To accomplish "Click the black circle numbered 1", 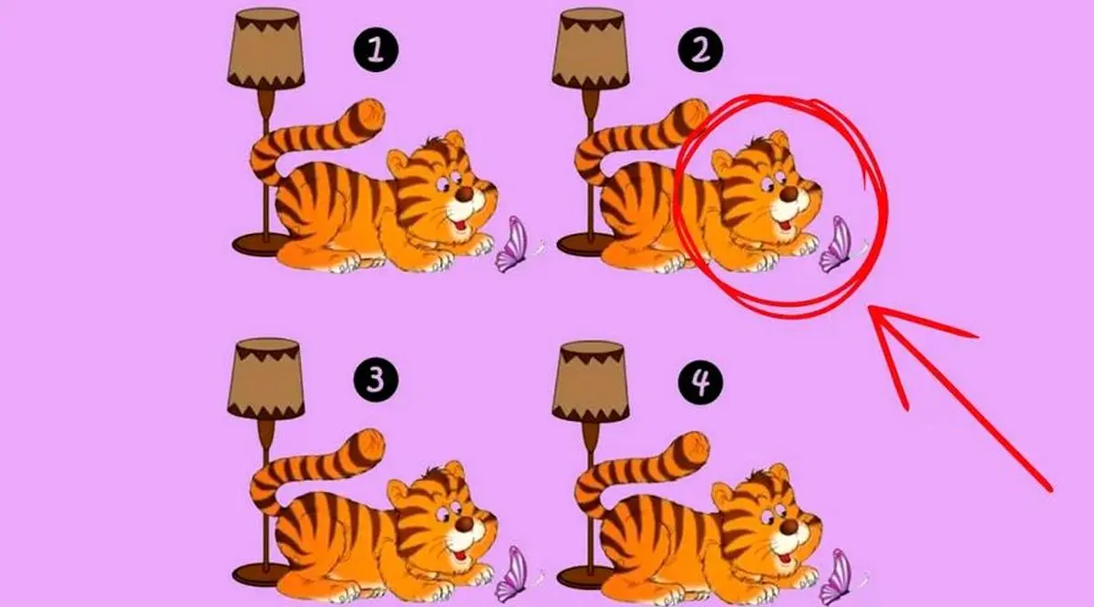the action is coord(376,50).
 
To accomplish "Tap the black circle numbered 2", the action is coord(701,50).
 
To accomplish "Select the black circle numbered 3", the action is coord(376,381).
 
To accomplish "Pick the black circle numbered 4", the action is coord(701,382).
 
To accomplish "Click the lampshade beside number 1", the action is coord(265,48).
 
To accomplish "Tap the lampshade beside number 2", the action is coord(591,48).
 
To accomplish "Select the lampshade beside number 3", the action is coord(265,379).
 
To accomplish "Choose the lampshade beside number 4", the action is coord(591,381).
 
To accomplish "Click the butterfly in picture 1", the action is coord(511,245).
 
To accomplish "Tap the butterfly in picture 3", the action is coord(511,575).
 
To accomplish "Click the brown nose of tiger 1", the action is coord(464,194).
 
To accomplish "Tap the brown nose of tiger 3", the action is coord(464,524).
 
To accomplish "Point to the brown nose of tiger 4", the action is coord(790,527).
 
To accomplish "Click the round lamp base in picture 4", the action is coord(583,577).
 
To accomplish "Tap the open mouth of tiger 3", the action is coord(460,556).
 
